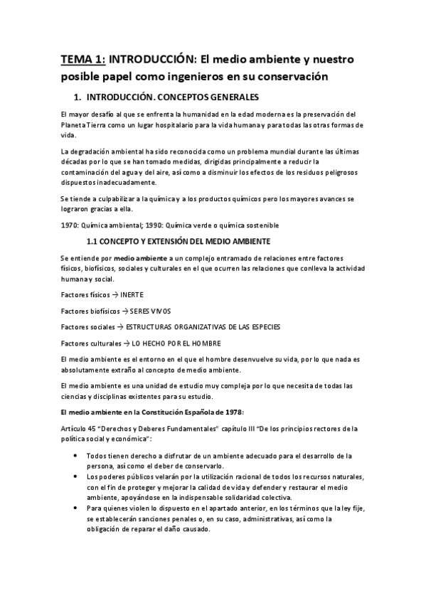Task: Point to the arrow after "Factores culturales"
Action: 126,343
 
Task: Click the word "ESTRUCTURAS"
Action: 153,327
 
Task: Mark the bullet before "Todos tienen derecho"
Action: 76,456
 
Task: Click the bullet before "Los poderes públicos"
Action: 76,476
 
